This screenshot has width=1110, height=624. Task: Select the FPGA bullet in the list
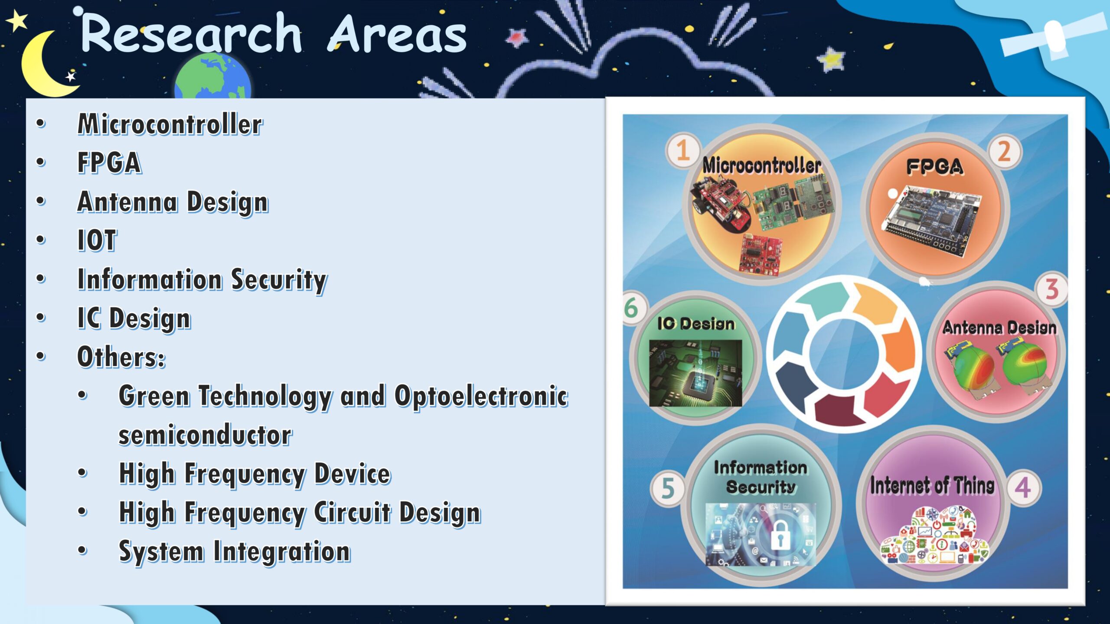point(109,163)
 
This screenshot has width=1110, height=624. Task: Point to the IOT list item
point(97,240)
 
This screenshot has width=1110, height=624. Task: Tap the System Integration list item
point(235,552)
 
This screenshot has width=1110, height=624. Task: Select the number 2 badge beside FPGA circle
point(1004,152)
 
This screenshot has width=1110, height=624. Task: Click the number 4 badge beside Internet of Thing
point(1023,487)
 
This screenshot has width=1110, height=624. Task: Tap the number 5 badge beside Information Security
point(668,488)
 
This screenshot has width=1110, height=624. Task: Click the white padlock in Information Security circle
point(780,536)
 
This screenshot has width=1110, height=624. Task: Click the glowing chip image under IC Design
point(695,373)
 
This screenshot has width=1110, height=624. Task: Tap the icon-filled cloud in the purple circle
point(934,536)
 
